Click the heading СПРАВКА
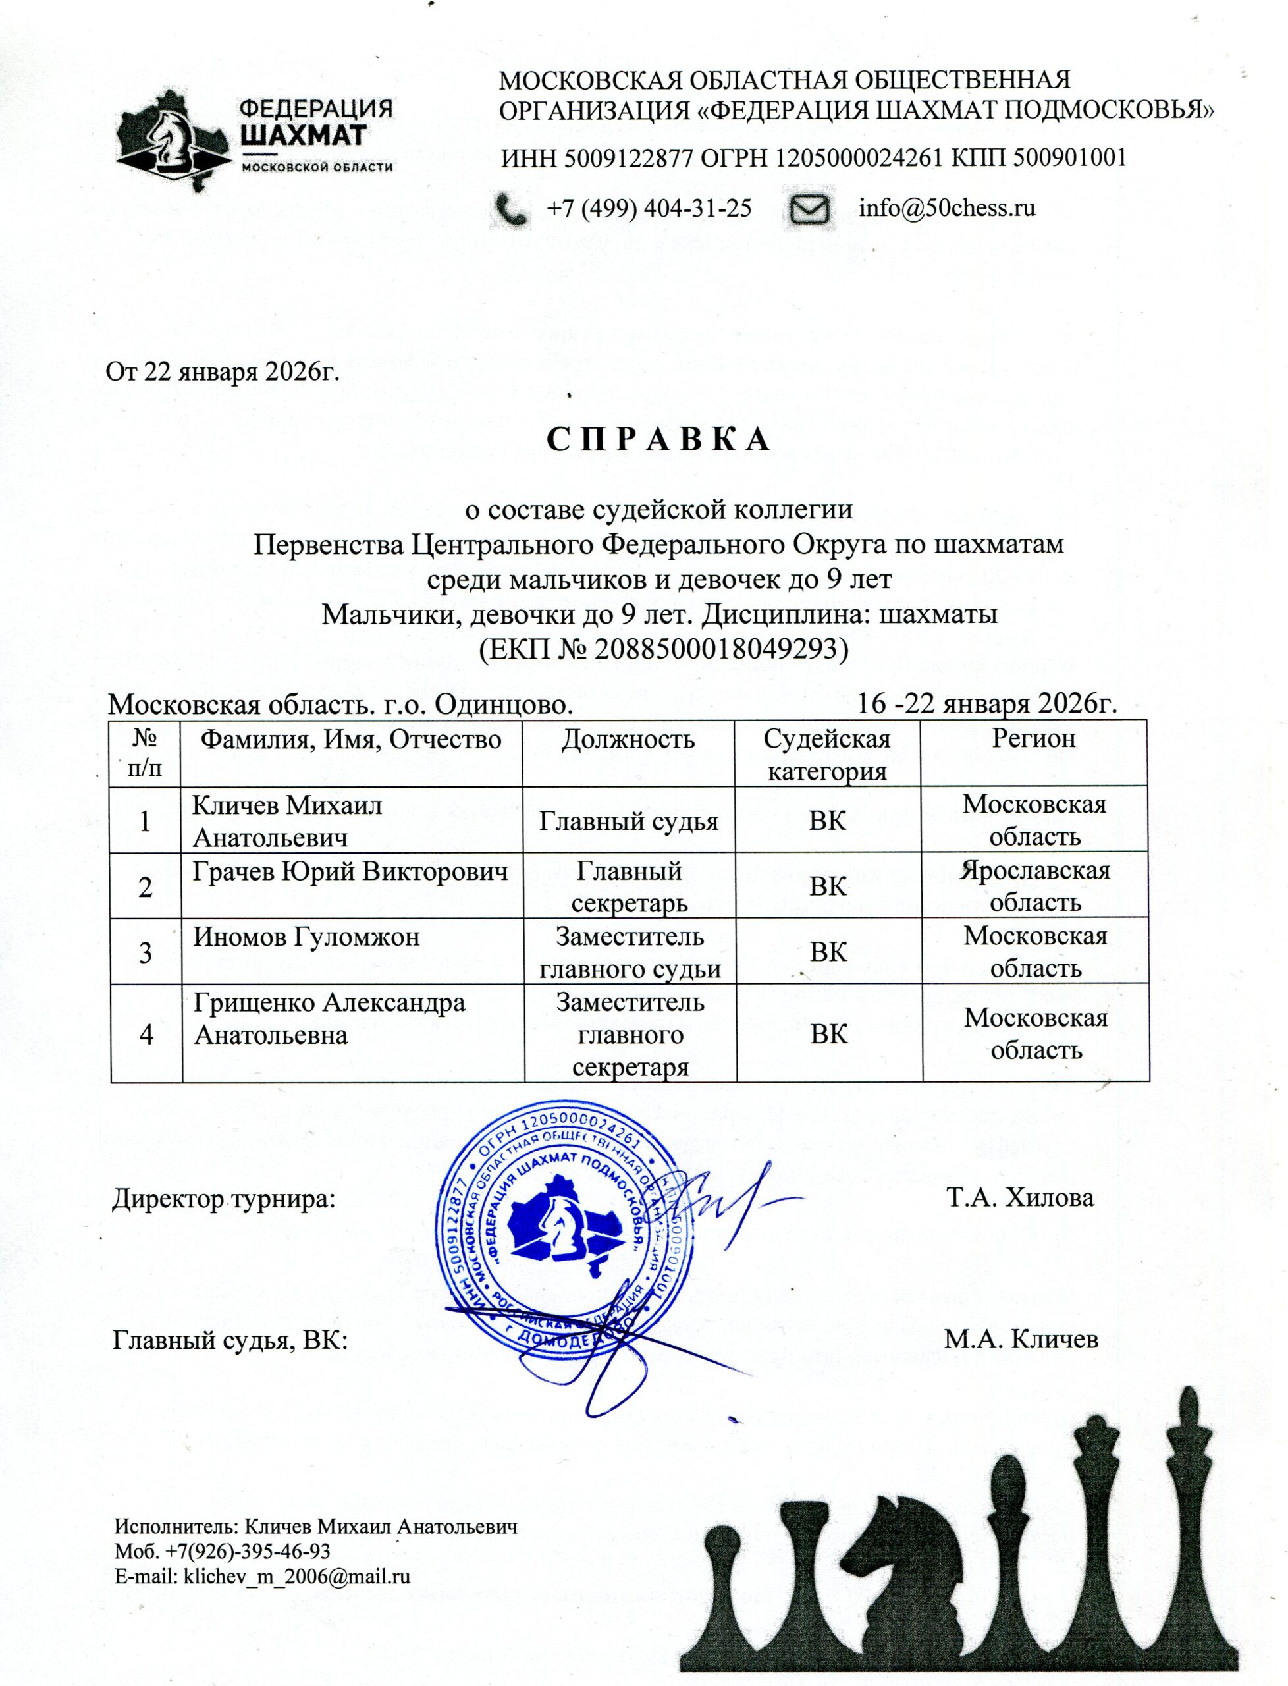coord(658,439)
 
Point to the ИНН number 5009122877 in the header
coord(629,159)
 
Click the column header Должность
coord(628,739)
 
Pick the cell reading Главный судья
coord(629,821)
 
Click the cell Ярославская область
coord(1034,886)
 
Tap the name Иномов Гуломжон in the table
coord(306,938)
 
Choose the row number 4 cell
coord(146,1034)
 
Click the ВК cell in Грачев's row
coord(828,886)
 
